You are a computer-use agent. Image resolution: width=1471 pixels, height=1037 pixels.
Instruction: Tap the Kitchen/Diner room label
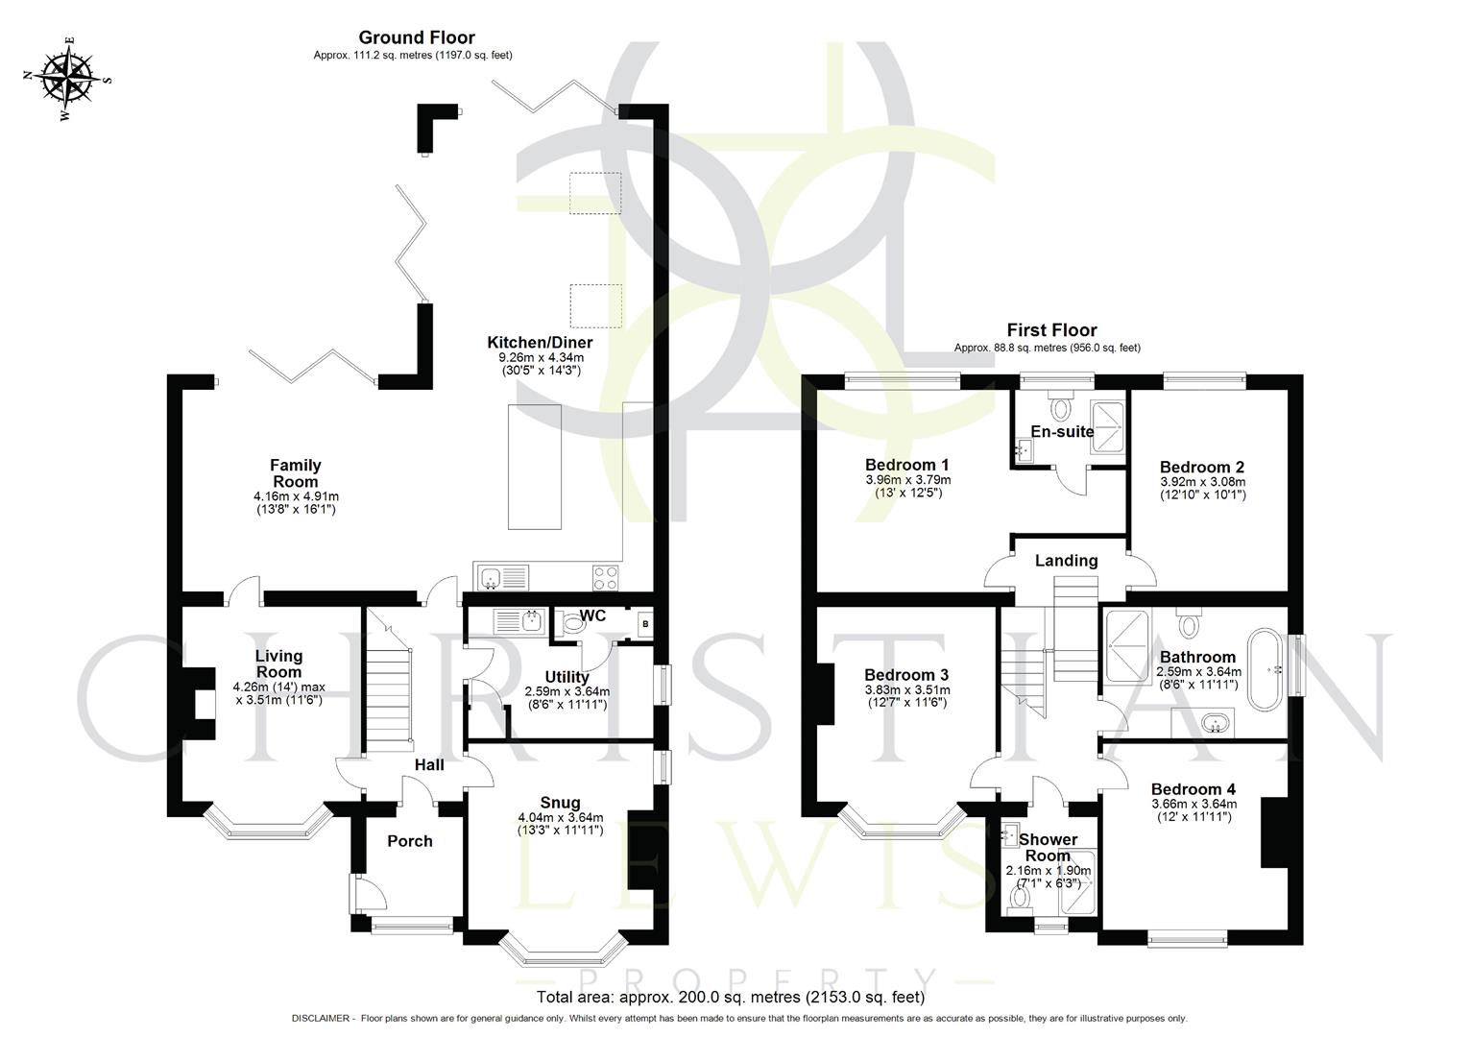click(540, 343)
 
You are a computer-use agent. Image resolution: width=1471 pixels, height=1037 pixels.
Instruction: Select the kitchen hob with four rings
click(604, 578)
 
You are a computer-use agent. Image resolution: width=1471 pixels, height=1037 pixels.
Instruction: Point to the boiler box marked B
click(644, 623)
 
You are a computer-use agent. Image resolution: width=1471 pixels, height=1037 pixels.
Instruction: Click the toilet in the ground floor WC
click(573, 624)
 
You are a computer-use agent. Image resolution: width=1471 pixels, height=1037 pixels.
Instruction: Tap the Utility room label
click(567, 677)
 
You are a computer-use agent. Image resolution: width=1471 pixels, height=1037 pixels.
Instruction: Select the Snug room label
click(560, 803)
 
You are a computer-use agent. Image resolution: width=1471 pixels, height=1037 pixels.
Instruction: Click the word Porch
click(410, 841)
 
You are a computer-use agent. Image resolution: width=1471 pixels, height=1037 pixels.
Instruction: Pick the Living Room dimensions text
click(278, 693)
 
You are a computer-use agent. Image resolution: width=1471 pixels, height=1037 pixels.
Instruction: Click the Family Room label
click(295, 473)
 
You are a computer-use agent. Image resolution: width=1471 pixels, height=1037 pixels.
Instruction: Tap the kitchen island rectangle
click(534, 467)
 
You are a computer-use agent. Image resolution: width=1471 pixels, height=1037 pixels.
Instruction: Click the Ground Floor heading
click(416, 37)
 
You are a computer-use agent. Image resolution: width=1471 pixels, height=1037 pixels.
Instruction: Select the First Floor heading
click(1051, 330)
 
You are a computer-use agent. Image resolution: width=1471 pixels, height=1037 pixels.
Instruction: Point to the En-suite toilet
click(1061, 408)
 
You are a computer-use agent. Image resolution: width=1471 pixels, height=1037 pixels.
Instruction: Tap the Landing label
click(1066, 561)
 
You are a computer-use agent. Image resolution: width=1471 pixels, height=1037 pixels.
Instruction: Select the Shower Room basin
click(1009, 835)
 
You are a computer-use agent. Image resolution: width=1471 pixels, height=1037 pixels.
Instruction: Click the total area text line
click(731, 997)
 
